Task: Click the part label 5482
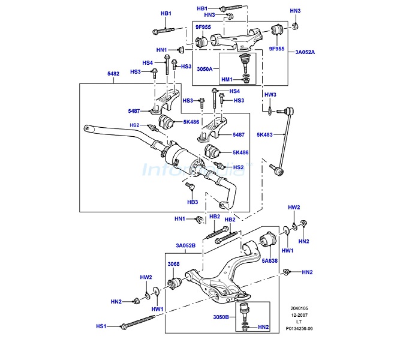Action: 113,74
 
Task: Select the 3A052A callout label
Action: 305,52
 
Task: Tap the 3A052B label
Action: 185,245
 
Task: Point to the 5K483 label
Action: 264,135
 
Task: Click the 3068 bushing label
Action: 174,264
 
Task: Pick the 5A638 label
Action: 270,261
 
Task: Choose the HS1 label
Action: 101,326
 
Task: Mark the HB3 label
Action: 193,202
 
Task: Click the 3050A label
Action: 204,69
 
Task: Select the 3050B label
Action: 221,317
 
